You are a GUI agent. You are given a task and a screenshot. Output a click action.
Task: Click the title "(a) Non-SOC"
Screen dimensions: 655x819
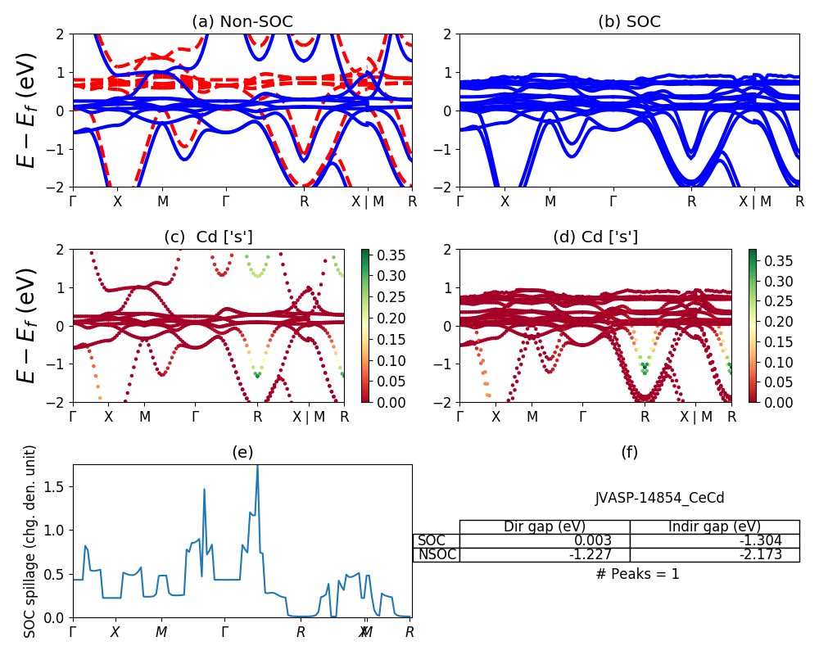click(242, 22)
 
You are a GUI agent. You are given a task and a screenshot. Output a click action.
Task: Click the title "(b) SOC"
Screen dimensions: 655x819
click(629, 22)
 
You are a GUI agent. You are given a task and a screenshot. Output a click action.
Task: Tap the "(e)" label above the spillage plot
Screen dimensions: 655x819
click(242, 452)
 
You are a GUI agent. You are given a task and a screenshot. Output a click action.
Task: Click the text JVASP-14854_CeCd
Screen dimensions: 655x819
click(659, 498)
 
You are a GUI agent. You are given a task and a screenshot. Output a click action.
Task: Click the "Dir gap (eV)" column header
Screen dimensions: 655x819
click(545, 526)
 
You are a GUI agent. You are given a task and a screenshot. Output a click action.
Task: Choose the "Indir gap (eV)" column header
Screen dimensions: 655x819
click(715, 526)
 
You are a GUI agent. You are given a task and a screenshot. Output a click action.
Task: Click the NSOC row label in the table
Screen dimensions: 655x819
click(436, 554)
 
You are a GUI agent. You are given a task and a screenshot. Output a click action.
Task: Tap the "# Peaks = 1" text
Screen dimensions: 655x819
click(638, 574)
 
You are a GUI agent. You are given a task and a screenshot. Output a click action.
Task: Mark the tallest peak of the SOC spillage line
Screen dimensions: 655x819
click(257, 466)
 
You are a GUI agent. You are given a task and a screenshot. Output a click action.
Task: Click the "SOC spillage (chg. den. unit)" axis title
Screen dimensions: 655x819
click(29, 541)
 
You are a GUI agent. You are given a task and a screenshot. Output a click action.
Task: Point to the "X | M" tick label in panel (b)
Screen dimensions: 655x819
click(755, 201)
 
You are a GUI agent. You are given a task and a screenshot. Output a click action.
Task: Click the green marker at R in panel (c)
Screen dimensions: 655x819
click(258, 375)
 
